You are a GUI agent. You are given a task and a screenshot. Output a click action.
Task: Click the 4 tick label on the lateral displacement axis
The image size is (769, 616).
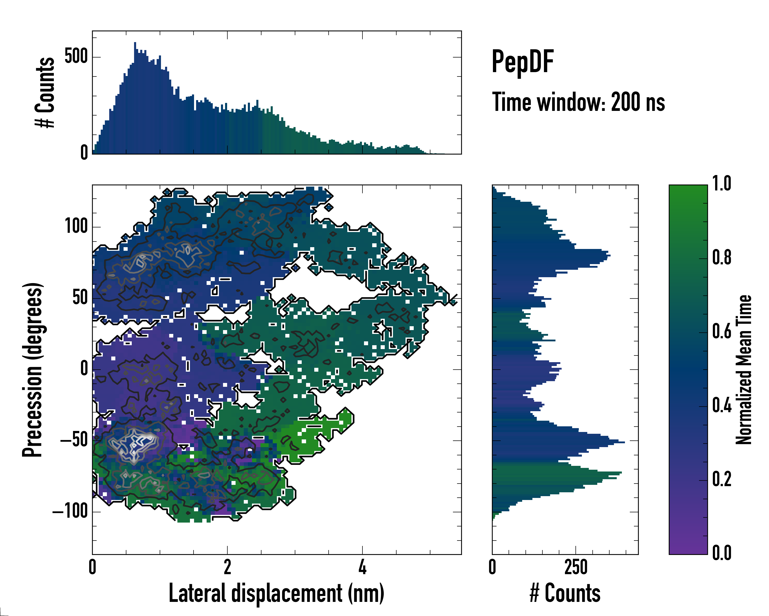click(x=362, y=567)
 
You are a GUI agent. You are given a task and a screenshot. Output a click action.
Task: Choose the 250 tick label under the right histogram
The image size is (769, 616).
click(x=576, y=567)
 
